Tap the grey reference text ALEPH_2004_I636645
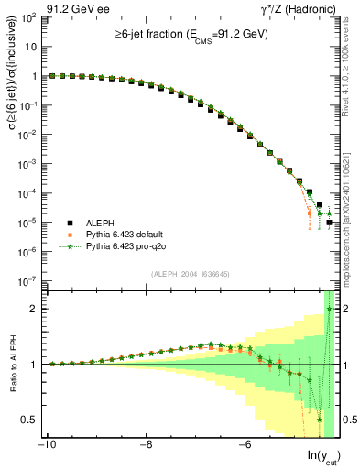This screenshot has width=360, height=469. pyautogui.click(x=191, y=274)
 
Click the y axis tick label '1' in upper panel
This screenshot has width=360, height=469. pyautogui.click(x=32, y=77)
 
